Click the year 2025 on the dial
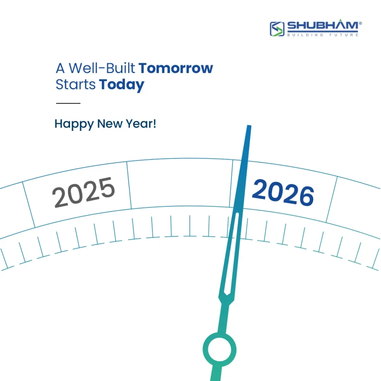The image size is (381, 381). tap(83, 192)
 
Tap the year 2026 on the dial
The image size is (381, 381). tap(283, 192)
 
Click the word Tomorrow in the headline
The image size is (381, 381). tap(176, 68)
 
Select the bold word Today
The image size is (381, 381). tap(122, 85)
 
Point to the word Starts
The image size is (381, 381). tap(76, 84)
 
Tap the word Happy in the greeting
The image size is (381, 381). tap(74, 124)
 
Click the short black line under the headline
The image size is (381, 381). tap(68, 103)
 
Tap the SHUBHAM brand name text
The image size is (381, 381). tap(323, 26)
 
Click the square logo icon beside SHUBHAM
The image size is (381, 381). tap(277, 29)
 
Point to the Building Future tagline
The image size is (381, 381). tap(323, 35)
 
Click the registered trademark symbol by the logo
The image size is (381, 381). tap(360, 23)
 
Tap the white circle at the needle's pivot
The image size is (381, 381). tap(220, 349)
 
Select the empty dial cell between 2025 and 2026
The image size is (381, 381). tap(180, 183)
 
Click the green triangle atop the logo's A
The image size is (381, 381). tap(341, 20)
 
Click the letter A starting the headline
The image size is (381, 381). tap(60, 68)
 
